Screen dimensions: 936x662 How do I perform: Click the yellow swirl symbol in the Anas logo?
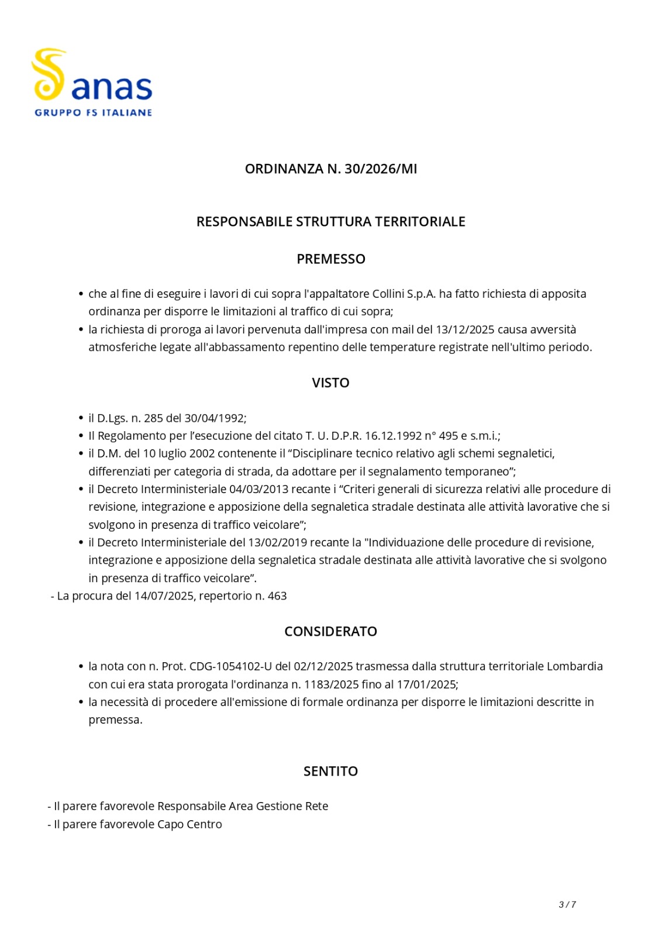point(48,74)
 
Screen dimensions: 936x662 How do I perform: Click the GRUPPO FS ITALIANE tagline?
point(94,112)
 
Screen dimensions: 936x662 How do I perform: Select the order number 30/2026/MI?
point(381,169)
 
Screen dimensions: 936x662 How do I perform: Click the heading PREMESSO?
point(331,259)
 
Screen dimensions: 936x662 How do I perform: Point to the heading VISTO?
point(331,383)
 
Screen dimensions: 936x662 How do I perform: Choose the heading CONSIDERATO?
point(331,631)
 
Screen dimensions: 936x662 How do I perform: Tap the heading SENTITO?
point(331,771)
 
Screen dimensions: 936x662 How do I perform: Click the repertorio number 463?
point(277,596)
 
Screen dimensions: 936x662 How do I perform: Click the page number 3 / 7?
point(567,904)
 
